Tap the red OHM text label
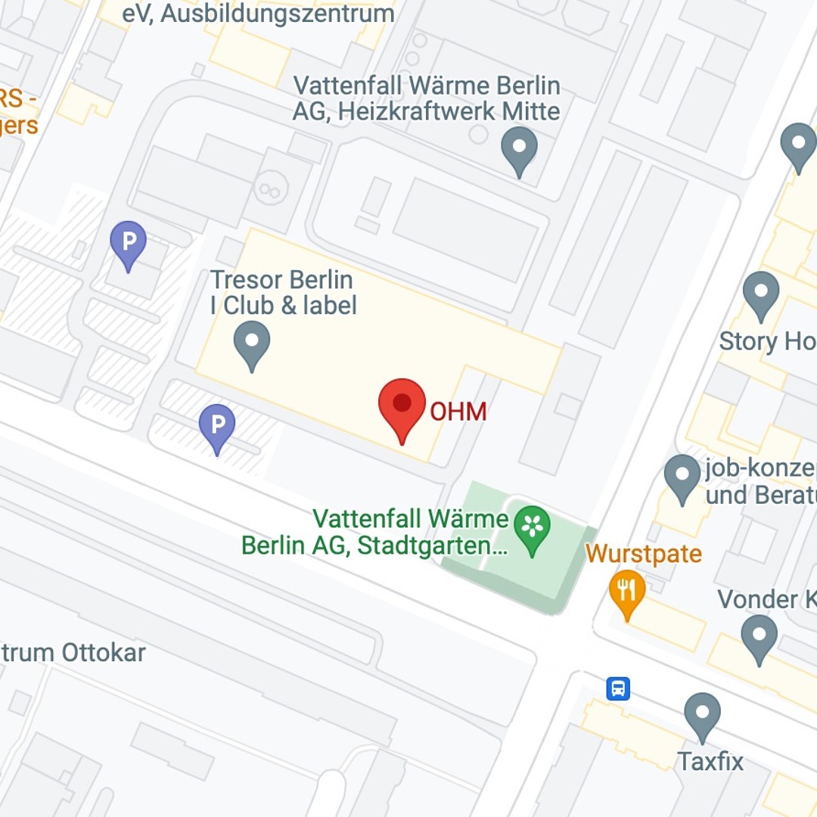click(x=458, y=412)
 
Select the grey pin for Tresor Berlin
click(x=252, y=345)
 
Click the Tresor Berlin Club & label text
click(x=283, y=292)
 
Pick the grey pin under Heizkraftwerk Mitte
click(x=520, y=151)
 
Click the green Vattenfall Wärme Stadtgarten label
click(x=374, y=532)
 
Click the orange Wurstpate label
click(x=644, y=554)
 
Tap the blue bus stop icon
click(x=618, y=688)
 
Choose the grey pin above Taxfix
click(x=702, y=716)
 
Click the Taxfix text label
click(x=710, y=761)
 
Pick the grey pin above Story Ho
click(x=761, y=296)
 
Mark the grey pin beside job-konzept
click(x=682, y=479)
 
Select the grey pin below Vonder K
click(x=759, y=638)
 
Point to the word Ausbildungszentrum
click(x=275, y=13)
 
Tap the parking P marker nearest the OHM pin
click(x=217, y=428)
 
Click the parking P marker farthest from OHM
click(x=129, y=245)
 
